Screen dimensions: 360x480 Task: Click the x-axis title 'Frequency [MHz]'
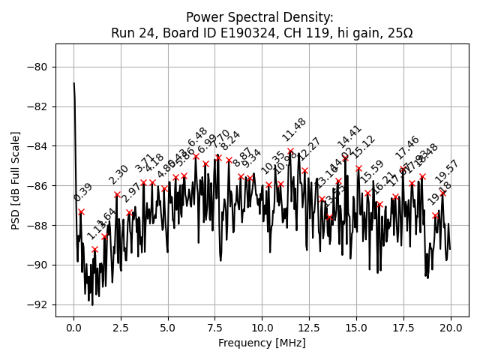click(262, 343)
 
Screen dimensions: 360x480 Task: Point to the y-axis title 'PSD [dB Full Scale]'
click(16, 180)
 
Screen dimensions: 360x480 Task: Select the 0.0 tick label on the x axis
click(73, 327)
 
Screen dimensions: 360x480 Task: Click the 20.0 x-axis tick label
click(451, 327)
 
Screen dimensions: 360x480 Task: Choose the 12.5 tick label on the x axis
click(309, 327)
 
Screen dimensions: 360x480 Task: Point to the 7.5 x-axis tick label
click(215, 327)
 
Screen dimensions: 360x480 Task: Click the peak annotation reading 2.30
click(118, 175)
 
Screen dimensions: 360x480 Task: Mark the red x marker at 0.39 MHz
click(81, 211)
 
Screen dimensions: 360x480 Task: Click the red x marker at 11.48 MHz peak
click(290, 151)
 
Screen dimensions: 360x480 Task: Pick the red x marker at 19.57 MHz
click(442, 193)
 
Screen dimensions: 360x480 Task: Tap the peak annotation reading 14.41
click(349, 136)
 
